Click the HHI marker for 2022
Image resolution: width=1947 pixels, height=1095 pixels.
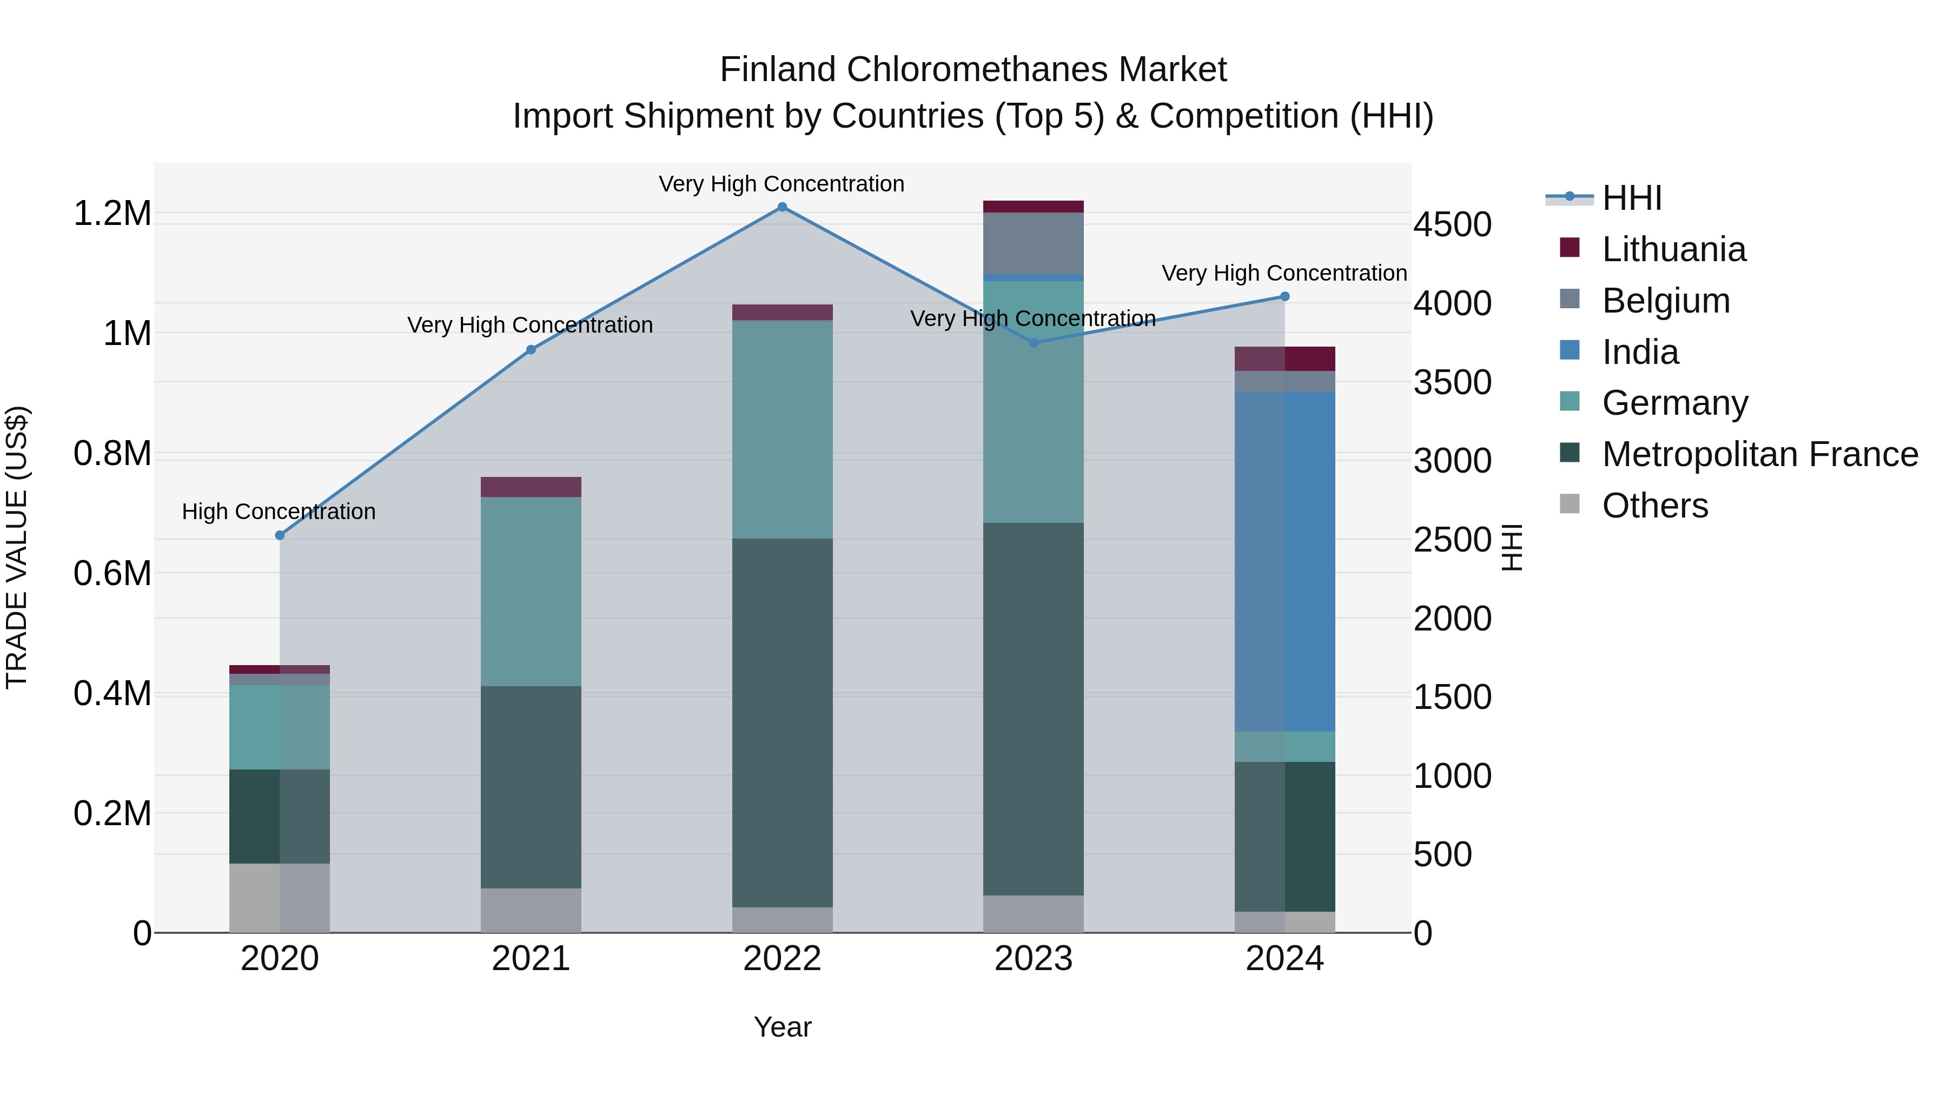pos(782,207)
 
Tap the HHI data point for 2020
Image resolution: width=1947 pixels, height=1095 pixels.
pos(280,535)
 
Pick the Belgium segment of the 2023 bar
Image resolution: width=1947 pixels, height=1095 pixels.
pos(1033,243)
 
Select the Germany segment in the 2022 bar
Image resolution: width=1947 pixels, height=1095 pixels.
pos(782,429)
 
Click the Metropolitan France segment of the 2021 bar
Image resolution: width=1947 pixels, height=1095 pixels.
pos(531,787)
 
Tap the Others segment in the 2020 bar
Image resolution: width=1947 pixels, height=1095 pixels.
pos(280,898)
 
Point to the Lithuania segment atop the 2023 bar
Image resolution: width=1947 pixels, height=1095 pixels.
pos(1033,207)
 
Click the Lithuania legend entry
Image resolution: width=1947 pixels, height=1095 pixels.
pos(1673,249)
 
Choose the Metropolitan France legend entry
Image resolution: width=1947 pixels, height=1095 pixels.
pos(1759,454)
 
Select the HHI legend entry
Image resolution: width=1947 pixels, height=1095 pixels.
pos(1631,198)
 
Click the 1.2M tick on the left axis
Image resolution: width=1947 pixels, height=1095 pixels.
pos(112,214)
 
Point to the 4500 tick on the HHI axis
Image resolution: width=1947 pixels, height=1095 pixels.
pos(1452,225)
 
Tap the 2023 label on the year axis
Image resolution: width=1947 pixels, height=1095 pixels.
pos(1033,959)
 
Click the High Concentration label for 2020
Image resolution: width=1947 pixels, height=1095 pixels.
pos(279,512)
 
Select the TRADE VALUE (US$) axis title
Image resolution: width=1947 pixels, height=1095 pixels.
pos(17,547)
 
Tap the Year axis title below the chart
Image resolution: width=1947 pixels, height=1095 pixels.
pos(782,1027)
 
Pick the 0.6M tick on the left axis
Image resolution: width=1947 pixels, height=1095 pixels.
pos(112,574)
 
